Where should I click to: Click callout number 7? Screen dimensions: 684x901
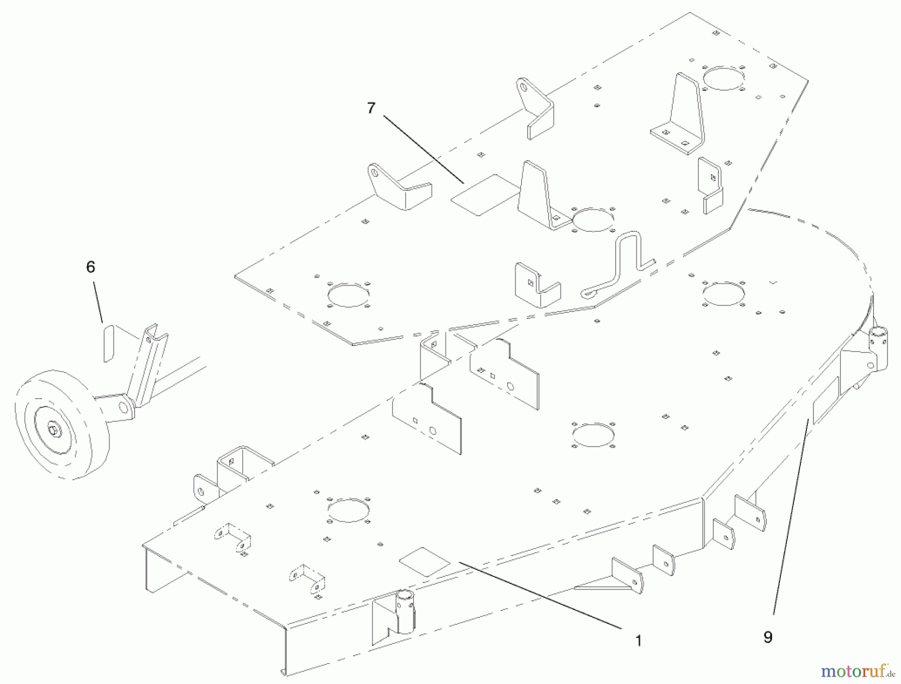pos(371,108)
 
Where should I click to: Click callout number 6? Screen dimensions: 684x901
pos(91,267)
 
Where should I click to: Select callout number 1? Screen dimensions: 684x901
pos(638,640)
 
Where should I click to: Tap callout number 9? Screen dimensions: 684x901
pos(768,637)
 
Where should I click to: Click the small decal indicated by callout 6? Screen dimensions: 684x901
pos(109,343)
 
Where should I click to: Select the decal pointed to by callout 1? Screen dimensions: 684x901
pos(424,562)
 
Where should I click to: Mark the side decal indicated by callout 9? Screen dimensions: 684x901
pos(826,400)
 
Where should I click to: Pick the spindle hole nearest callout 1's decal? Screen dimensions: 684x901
pos(348,510)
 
